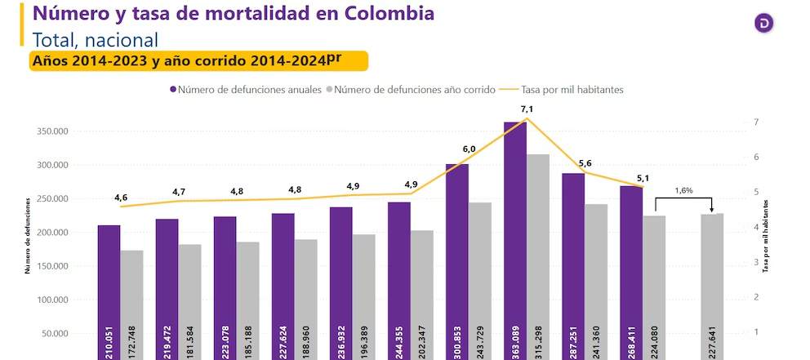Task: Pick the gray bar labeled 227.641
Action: pos(712,286)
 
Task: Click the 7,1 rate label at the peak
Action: pos(527,109)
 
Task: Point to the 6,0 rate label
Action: pos(469,149)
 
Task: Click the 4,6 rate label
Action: pos(121,198)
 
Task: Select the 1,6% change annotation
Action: pos(683,190)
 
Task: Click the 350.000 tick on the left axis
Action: pos(51,131)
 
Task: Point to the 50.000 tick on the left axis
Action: pos(53,333)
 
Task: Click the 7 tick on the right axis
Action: pos(756,122)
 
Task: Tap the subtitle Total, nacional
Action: pos(95,39)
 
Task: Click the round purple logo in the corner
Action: pos(763,24)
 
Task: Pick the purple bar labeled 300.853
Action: pos(456,261)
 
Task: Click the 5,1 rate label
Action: pos(643,179)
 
